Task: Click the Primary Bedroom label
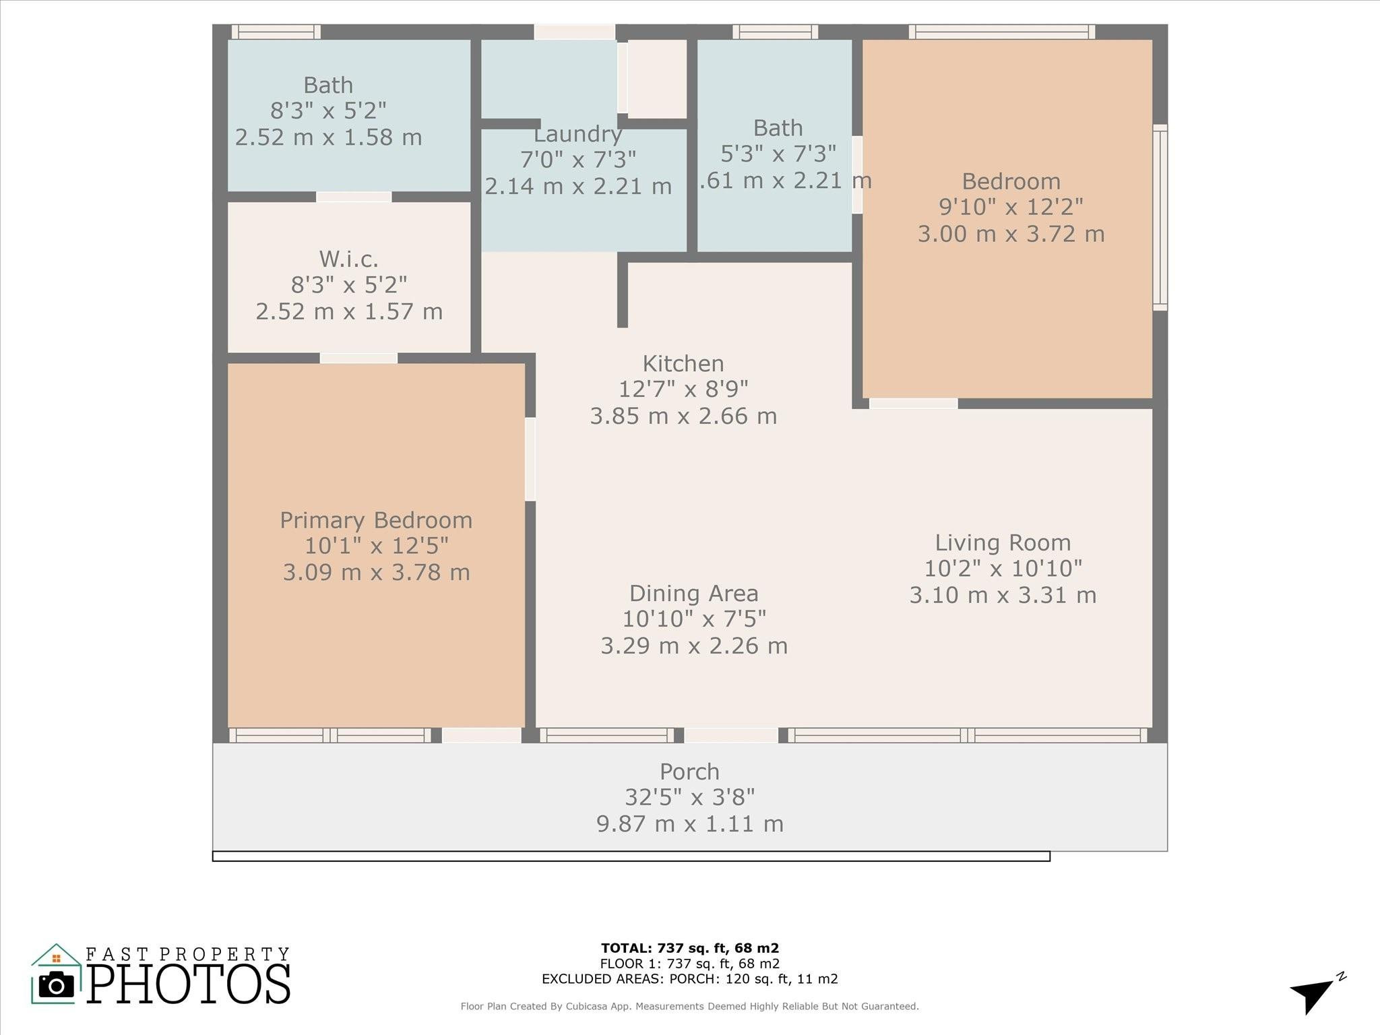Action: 376,520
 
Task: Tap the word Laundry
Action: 577,135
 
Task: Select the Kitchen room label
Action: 683,364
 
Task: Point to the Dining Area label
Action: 693,594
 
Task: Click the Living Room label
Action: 1003,543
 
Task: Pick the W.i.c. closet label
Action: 348,259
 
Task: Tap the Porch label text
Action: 689,772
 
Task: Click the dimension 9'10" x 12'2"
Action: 1011,207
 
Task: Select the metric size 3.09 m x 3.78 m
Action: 376,573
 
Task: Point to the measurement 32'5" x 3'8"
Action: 689,798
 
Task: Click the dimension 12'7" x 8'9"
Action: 683,389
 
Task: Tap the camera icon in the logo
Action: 57,986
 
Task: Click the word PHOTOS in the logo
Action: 189,984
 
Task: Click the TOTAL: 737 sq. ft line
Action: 689,949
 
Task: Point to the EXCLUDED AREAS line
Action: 689,979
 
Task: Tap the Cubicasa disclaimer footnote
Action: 689,1007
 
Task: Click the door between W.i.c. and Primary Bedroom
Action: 358,358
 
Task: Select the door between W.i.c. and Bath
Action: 354,197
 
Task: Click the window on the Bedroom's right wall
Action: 1160,217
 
